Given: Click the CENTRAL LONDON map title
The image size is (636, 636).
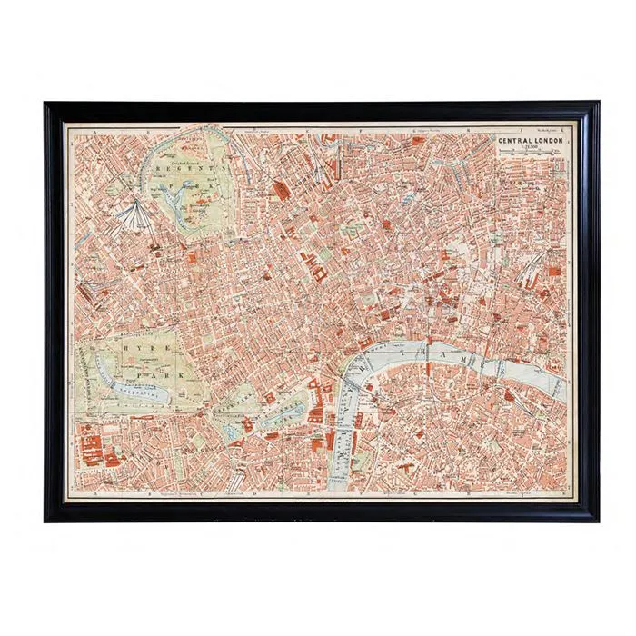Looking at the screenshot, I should tap(530, 142).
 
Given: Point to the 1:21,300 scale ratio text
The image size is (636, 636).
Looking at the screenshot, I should tap(529, 151).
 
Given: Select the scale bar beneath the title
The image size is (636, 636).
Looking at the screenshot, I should tap(530, 157).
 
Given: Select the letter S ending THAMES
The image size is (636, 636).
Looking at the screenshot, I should tap(499, 366).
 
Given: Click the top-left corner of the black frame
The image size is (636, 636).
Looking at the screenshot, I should tap(45, 103).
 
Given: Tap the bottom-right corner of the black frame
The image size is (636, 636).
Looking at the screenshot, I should tap(598, 520).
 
